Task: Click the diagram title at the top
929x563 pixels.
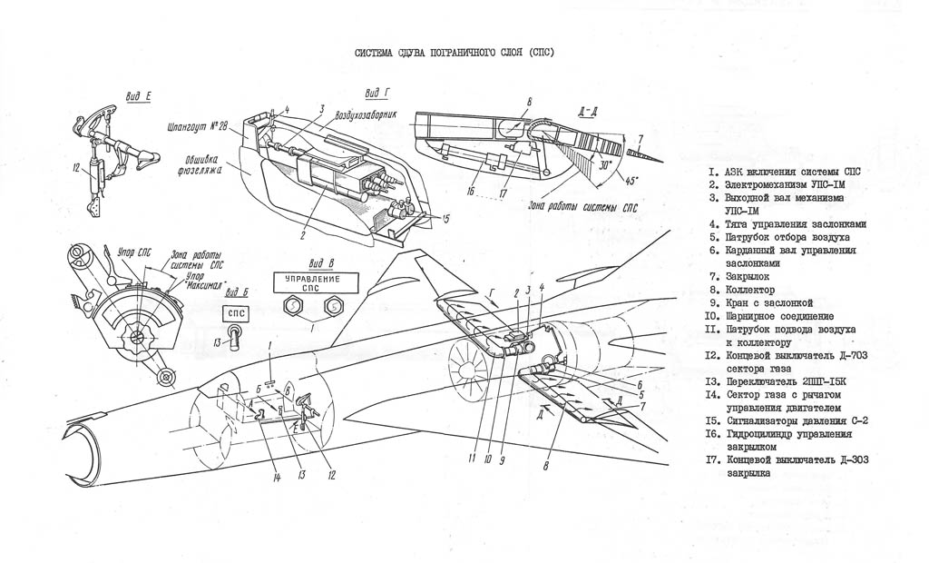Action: click(454, 53)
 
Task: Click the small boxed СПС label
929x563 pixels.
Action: click(237, 313)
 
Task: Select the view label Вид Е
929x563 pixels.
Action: click(138, 95)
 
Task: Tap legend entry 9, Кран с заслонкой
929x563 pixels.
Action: click(762, 302)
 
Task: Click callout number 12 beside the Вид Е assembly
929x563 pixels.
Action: click(78, 166)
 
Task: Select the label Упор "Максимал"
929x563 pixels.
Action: click(201, 278)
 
